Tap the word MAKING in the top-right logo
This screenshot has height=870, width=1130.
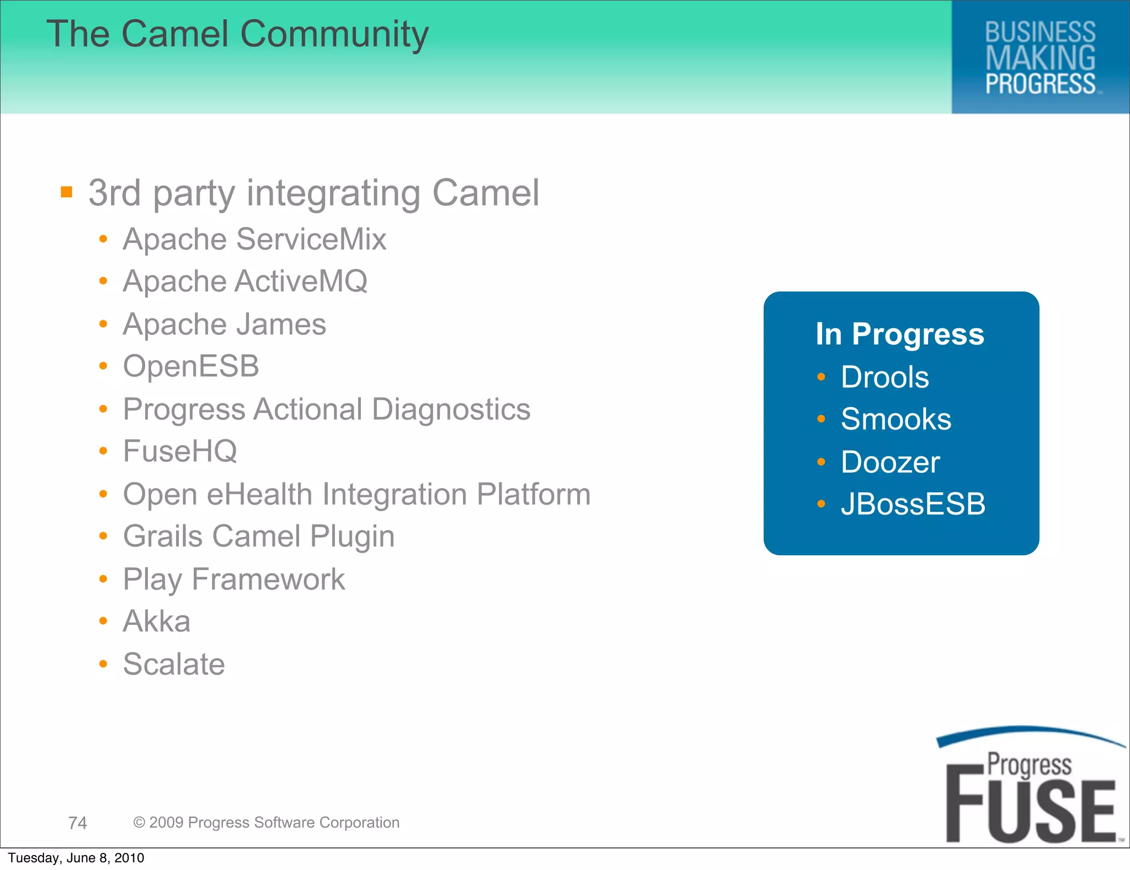[1040, 59]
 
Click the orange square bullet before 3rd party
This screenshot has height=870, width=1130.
[67, 192]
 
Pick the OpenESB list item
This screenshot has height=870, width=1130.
[191, 367]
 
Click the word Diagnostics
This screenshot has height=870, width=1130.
[451, 410]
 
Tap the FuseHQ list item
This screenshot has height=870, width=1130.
[180, 452]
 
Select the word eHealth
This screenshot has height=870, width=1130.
[259, 494]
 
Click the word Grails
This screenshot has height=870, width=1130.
[163, 537]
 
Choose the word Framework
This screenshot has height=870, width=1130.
[268, 580]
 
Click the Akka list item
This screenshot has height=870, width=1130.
[157, 622]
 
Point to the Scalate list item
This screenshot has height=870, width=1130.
[174, 664]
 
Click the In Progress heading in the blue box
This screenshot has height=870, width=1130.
[899, 334]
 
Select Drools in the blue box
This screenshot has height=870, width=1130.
[884, 378]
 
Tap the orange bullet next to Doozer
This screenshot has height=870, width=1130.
[821, 461]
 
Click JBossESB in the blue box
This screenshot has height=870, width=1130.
[913, 504]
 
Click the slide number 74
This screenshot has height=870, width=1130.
[78, 823]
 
